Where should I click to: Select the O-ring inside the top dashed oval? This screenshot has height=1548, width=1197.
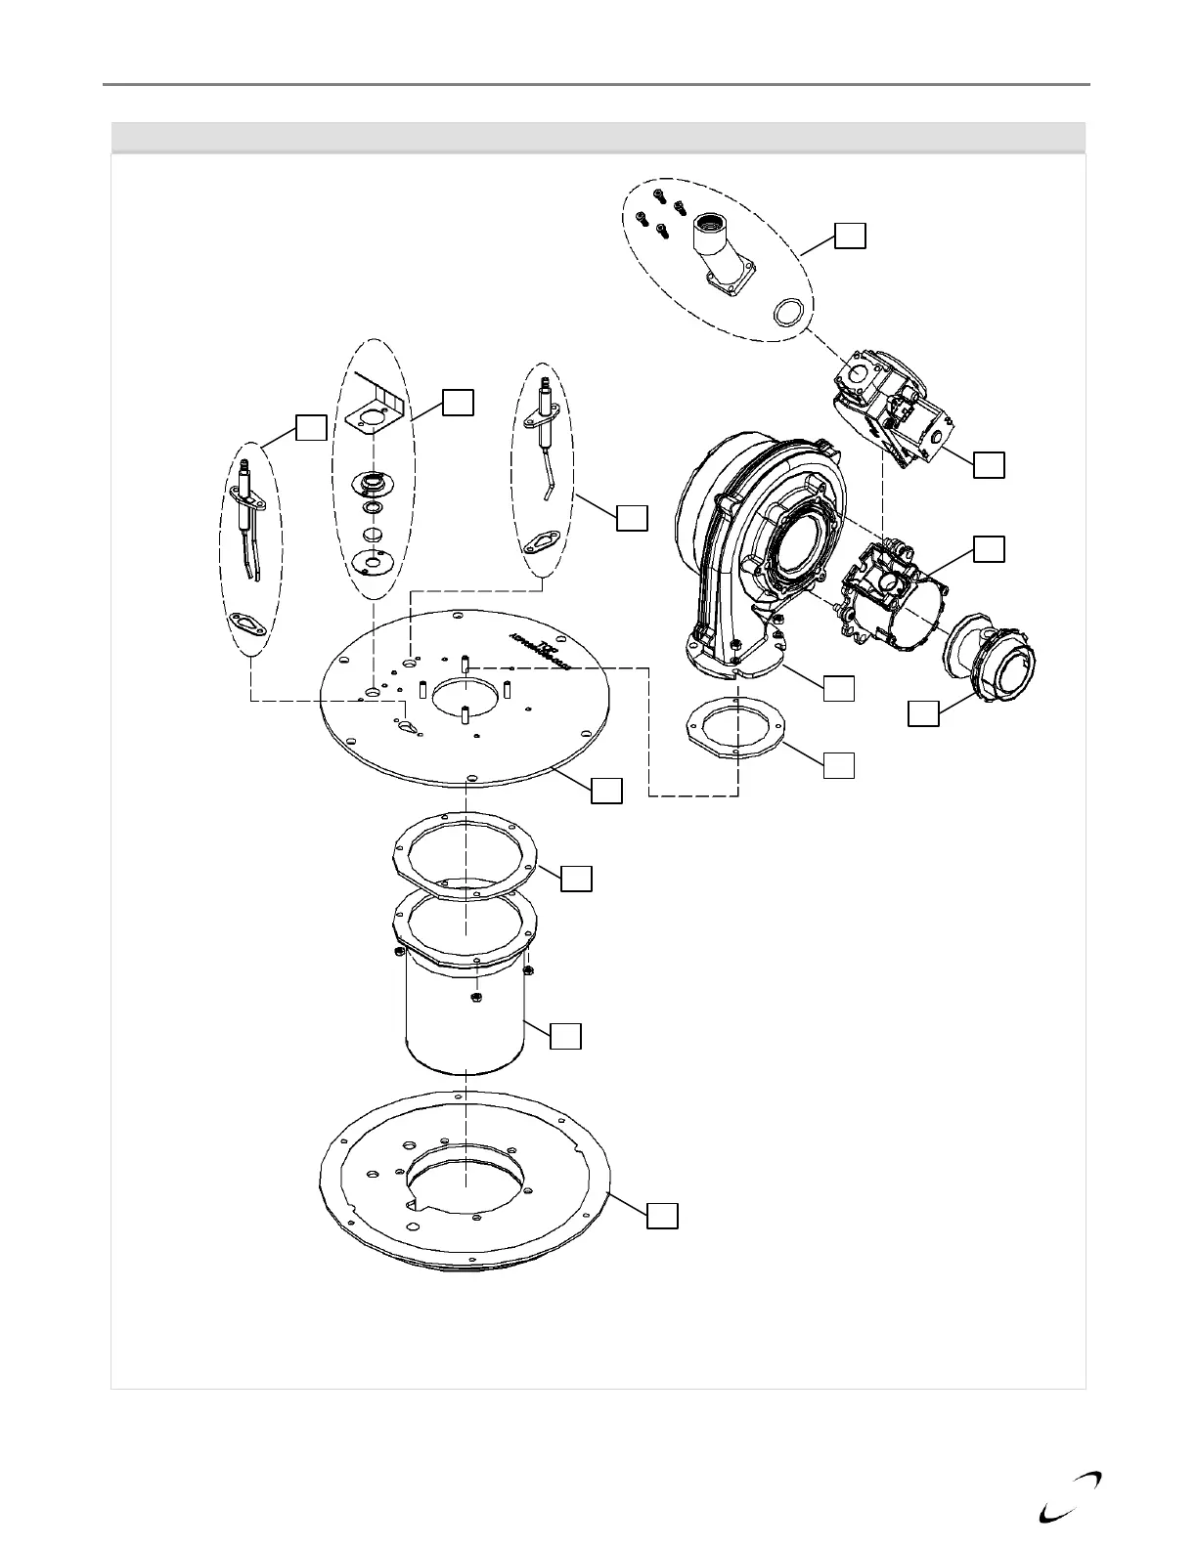pos(791,313)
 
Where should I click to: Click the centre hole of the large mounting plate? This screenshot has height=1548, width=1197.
pos(466,696)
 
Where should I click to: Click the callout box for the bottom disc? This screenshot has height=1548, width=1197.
pos(662,1215)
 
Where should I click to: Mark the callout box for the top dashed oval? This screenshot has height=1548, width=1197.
pos(850,236)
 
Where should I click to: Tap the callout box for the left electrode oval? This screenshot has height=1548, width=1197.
pos(311,427)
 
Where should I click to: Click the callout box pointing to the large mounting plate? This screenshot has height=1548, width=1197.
pos(606,791)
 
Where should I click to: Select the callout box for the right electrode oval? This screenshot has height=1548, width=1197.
pos(632,518)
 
